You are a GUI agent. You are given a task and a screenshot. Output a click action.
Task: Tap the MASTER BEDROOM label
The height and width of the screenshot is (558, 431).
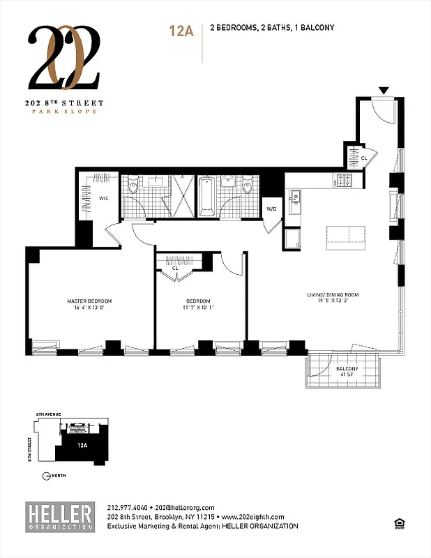[x=89, y=301]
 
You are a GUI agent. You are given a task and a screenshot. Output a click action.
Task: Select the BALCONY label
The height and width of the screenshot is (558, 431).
[x=347, y=368]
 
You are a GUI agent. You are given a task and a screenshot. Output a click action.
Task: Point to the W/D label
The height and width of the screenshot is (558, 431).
[x=271, y=207]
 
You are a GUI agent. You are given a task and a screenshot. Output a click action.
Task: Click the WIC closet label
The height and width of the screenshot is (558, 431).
[x=103, y=199]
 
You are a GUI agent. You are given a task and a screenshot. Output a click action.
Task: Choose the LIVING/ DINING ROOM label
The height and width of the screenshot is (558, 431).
[x=332, y=294]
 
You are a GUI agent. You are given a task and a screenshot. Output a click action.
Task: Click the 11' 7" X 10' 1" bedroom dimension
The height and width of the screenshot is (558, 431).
[x=199, y=307]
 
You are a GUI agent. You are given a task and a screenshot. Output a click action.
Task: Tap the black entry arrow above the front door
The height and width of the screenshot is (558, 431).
[x=383, y=91]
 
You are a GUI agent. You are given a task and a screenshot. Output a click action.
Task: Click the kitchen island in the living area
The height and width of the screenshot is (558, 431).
[x=345, y=234]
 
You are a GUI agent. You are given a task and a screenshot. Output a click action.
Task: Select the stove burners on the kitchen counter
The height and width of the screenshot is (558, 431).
[x=343, y=181]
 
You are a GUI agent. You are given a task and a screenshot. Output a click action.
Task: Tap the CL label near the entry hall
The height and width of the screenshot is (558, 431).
[x=363, y=158]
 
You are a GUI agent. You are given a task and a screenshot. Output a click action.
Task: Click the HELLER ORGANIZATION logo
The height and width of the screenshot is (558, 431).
[x=59, y=517]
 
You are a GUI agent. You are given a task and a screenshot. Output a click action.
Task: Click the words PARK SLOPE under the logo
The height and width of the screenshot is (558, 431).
[x=66, y=112]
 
